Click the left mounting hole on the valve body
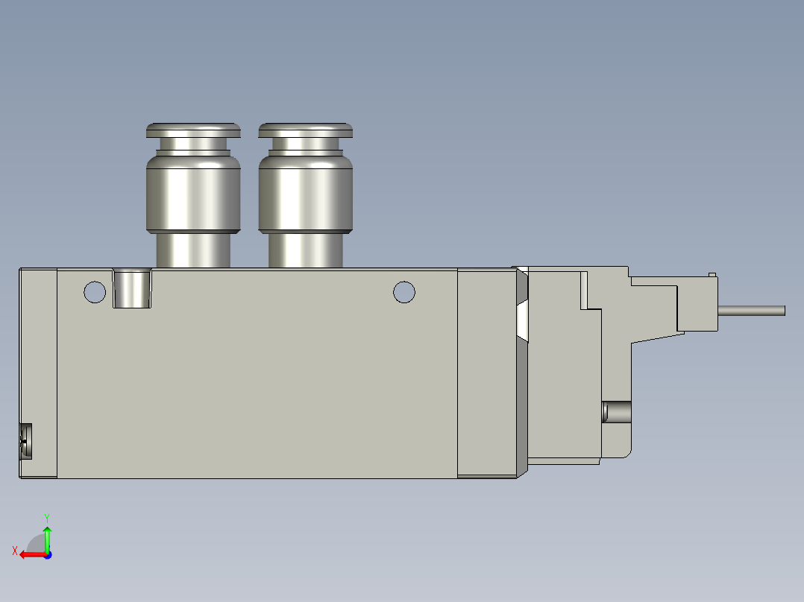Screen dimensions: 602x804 (x=95, y=291)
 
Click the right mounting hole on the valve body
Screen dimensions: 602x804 (x=403, y=292)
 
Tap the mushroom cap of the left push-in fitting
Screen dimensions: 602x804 (x=193, y=130)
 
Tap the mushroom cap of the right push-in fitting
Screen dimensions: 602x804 (x=305, y=130)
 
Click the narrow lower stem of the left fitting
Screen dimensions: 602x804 (x=193, y=250)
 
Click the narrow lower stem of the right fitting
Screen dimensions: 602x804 (x=305, y=250)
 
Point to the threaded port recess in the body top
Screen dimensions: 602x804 (x=132, y=289)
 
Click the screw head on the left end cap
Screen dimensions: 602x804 (x=26, y=440)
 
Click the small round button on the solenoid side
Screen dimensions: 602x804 (x=615, y=411)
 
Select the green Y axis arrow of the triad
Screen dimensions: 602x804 (x=47, y=536)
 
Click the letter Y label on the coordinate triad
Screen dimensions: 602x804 (x=46, y=516)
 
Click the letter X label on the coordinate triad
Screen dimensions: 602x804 (x=14, y=551)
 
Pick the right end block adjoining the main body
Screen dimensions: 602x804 (x=486, y=373)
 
